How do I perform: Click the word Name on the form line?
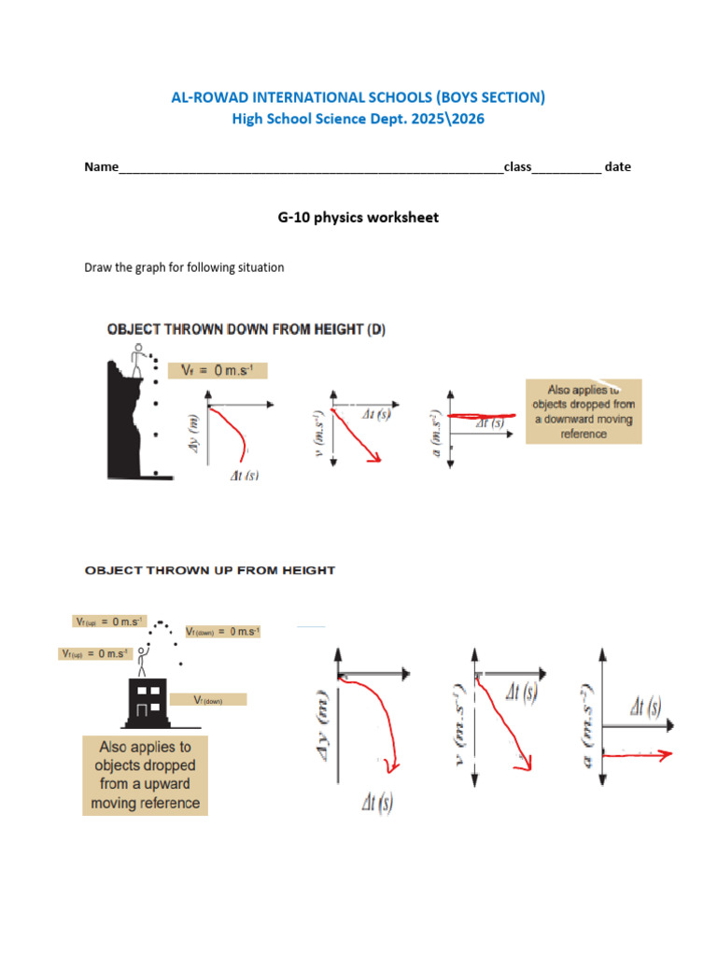tap(102, 167)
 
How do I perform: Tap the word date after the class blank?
tap(617, 167)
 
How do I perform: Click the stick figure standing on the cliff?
tap(139, 359)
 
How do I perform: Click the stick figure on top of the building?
tap(142, 659)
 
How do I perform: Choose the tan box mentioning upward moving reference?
tap(145, 775)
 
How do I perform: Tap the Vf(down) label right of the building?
tap(219, 699)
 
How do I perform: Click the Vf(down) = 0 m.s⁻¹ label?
tap(222, 632)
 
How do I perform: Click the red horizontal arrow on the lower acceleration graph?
tap(640, 754)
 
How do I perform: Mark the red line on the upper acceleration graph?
tap(481, 415)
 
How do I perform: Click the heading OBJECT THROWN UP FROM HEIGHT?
tap(210, 569)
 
